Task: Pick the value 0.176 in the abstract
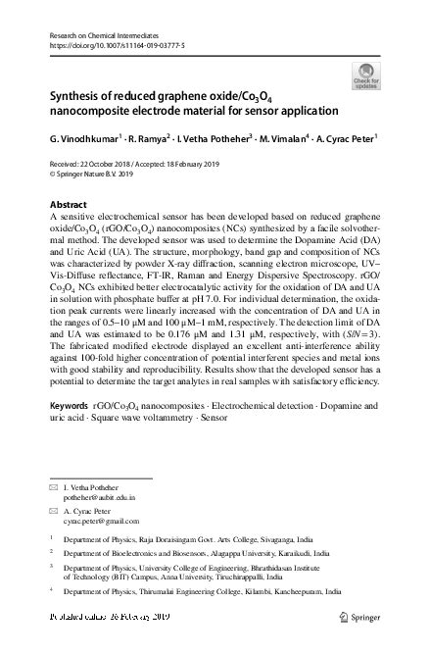coord(183,333)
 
